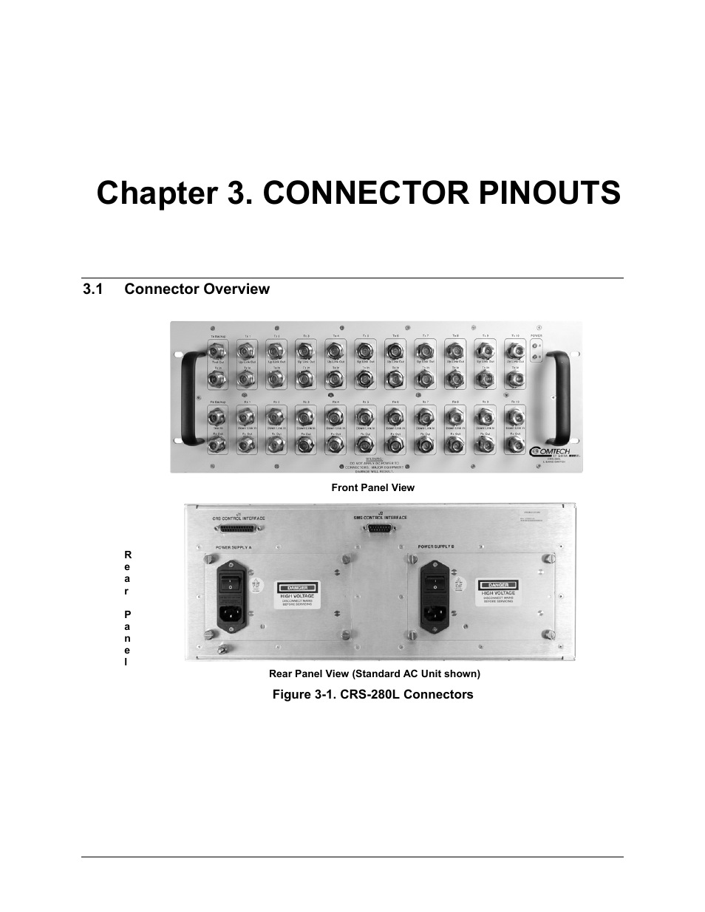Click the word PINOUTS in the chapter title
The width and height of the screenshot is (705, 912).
point(542,193)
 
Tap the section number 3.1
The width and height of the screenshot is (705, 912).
point(91,289)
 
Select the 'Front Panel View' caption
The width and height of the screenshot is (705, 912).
point(372,487)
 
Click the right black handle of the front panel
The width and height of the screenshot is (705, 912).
point(562,399)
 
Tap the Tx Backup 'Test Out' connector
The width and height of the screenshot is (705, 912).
point(217,352)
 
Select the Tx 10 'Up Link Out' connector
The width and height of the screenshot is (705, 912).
point(515,351)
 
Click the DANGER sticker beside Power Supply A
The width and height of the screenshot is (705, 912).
point(296,594)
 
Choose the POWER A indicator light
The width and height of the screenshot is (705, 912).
point(534,346)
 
